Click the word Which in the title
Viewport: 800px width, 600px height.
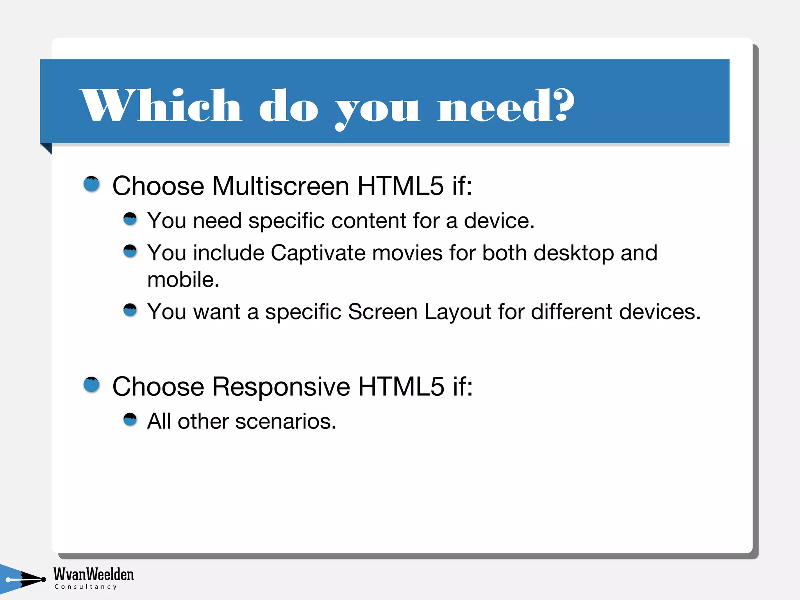click(161, 105)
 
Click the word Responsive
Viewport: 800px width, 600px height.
click(281, 387)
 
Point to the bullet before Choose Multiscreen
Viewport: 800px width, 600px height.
click(92, 184)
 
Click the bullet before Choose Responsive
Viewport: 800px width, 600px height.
click(92, 385)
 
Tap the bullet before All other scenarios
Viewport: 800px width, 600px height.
click(130, 420)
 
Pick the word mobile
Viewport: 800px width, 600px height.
click(183, 280)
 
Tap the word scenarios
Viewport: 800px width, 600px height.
click(285, 421)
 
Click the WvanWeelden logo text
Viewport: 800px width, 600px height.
click(93, 574)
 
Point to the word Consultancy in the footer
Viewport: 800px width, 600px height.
click(86, 587)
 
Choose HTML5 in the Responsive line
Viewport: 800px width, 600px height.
click(401, 387)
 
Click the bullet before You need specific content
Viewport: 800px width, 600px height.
click(130, 219)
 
